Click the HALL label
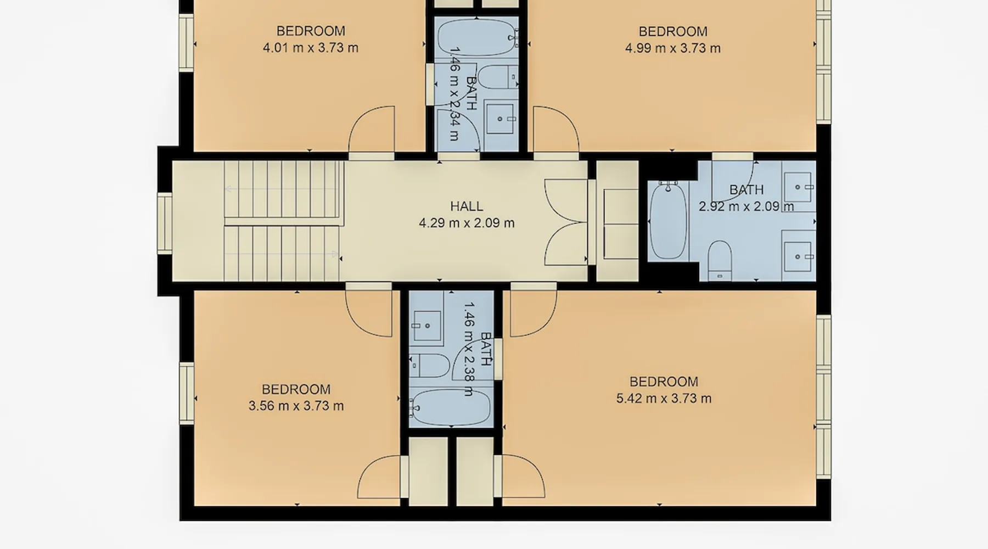(x=467, y=206)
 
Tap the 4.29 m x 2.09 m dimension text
(x=467, y=223)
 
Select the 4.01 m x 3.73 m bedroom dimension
(x=311, y=48)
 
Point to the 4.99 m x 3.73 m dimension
(x=673, y=48)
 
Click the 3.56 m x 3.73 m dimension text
(x=296, y=406)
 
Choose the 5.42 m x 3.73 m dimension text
(x=664, y=399)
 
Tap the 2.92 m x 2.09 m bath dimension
(x=746, y=206)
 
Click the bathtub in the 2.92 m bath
(x=668, y=221)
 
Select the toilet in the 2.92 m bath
(x=720, y=260)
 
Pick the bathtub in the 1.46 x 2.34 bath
(x=476, y=37)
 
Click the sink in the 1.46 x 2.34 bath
(x=500, y=119)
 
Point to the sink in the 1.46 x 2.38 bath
(x=427, y=326)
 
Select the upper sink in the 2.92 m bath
(x=798, y=187)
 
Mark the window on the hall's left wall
(x=165, y=222)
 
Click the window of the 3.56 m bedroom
(x=187, y=393)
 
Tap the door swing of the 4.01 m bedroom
(x=372, y=129)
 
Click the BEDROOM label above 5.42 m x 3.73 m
(x=664, y=382)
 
